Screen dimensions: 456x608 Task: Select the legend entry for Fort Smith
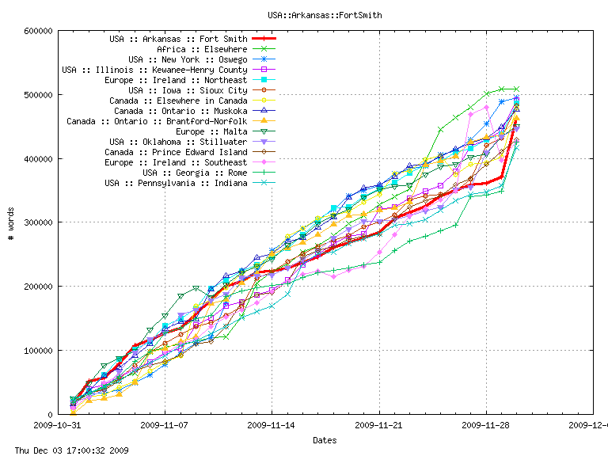pos(178,39)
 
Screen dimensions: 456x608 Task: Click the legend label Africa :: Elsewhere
pos(202,49)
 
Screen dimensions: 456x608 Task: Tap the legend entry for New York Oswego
pos(188,59)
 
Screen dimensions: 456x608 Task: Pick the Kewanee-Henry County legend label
pos(154,70)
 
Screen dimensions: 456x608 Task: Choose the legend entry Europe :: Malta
pos(210,131)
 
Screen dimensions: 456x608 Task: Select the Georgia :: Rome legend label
pos(195,173)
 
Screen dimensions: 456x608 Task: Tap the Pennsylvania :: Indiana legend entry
pos(176,183)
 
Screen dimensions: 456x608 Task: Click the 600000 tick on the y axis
pos(38,31)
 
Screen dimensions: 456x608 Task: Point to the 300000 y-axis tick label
pos(38,222)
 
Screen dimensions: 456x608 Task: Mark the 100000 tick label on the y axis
pos(38,350)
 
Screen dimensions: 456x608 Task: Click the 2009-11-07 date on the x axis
pos(165,424)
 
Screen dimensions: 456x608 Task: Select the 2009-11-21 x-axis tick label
pos(379,424)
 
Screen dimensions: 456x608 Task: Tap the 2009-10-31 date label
pos(58,424)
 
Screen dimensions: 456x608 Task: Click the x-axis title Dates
pos(324,440)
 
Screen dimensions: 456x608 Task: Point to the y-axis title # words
pos(11,222)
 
